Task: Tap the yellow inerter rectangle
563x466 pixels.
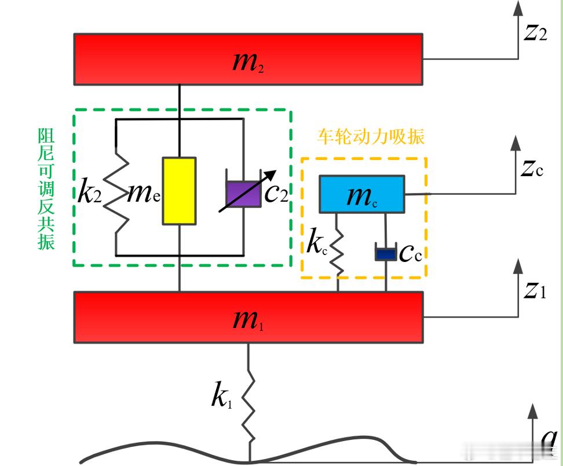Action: coord(178,190)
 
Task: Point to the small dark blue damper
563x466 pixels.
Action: coord(385,253)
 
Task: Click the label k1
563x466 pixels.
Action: coord(221,398)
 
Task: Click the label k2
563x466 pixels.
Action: coord(90,192)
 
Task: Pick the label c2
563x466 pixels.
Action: coord(276,193)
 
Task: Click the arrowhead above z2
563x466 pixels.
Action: coord(518,8)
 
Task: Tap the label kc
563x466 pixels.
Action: coord(317,245)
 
